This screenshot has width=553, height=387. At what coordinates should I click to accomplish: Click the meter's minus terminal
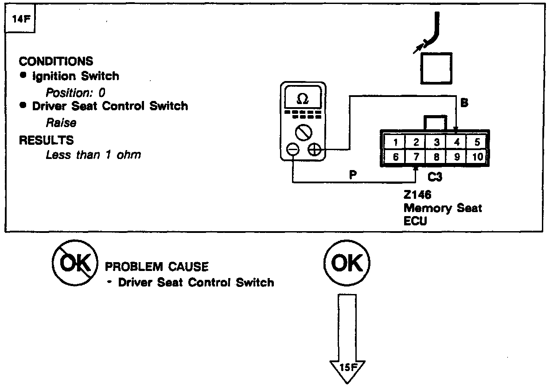293,150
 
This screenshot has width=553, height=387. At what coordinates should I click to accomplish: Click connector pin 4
456,143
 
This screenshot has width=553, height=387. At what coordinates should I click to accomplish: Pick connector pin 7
416,157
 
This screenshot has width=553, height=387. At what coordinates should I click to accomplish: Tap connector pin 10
477,157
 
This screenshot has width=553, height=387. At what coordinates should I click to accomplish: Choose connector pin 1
395,143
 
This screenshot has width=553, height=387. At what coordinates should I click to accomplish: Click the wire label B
464,103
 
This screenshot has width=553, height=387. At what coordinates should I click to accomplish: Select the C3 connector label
435,178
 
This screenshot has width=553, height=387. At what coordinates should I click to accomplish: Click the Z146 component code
417,195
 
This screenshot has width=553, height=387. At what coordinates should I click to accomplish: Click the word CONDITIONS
56,61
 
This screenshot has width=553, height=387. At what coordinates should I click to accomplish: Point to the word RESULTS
46,140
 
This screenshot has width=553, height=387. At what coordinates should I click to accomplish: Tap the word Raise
61,123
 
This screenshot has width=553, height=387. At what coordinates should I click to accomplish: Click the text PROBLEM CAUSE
156,267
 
